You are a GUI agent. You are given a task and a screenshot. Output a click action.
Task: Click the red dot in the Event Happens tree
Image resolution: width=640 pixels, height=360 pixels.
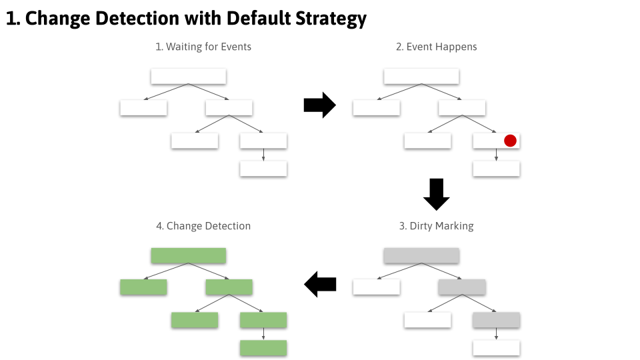click(x=510, y=141)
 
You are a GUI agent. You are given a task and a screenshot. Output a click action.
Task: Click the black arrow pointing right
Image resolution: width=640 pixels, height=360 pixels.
click(x=319, y=105)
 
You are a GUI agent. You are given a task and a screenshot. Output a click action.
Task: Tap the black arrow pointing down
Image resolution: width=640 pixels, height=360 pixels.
click(x=437, y=194)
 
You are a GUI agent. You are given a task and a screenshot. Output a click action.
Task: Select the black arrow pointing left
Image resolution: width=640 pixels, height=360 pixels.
click(x=320, y=285)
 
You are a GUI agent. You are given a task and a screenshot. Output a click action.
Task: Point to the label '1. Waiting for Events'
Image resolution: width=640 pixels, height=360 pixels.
click(x=203, y=47)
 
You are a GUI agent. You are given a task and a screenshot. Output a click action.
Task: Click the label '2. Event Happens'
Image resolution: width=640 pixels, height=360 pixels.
click(x=436, y=47)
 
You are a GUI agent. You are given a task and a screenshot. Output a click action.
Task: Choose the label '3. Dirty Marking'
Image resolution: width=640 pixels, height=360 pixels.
click(x=436, y=226)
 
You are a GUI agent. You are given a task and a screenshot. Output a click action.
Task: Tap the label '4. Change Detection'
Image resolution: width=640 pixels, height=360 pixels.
click(x=203, y=226)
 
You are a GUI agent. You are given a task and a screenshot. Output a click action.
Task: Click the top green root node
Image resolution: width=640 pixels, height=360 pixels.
click(x=189, y=255)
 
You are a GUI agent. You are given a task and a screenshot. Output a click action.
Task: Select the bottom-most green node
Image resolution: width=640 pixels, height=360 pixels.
click(x=263, y=348)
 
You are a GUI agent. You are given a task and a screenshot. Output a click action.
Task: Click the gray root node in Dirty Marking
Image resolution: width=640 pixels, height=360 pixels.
click(x=421, y=255)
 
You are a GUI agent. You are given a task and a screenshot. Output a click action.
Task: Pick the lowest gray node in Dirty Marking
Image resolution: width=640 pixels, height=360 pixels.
click(x=496, y=320)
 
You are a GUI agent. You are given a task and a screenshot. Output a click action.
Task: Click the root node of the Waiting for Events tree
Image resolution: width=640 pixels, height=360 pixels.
click(x=189, y=76)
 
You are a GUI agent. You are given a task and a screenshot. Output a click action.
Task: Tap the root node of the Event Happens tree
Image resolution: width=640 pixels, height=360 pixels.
click(x=421, y=76)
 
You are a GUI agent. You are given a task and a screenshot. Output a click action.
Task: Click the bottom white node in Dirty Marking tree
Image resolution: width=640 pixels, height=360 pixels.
click(x=496, y=348)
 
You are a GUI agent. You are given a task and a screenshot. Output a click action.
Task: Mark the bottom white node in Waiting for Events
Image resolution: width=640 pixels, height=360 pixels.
click(x=263, y=169)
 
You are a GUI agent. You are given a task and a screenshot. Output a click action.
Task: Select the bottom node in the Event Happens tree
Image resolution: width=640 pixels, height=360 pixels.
click(x=496, y=169)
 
